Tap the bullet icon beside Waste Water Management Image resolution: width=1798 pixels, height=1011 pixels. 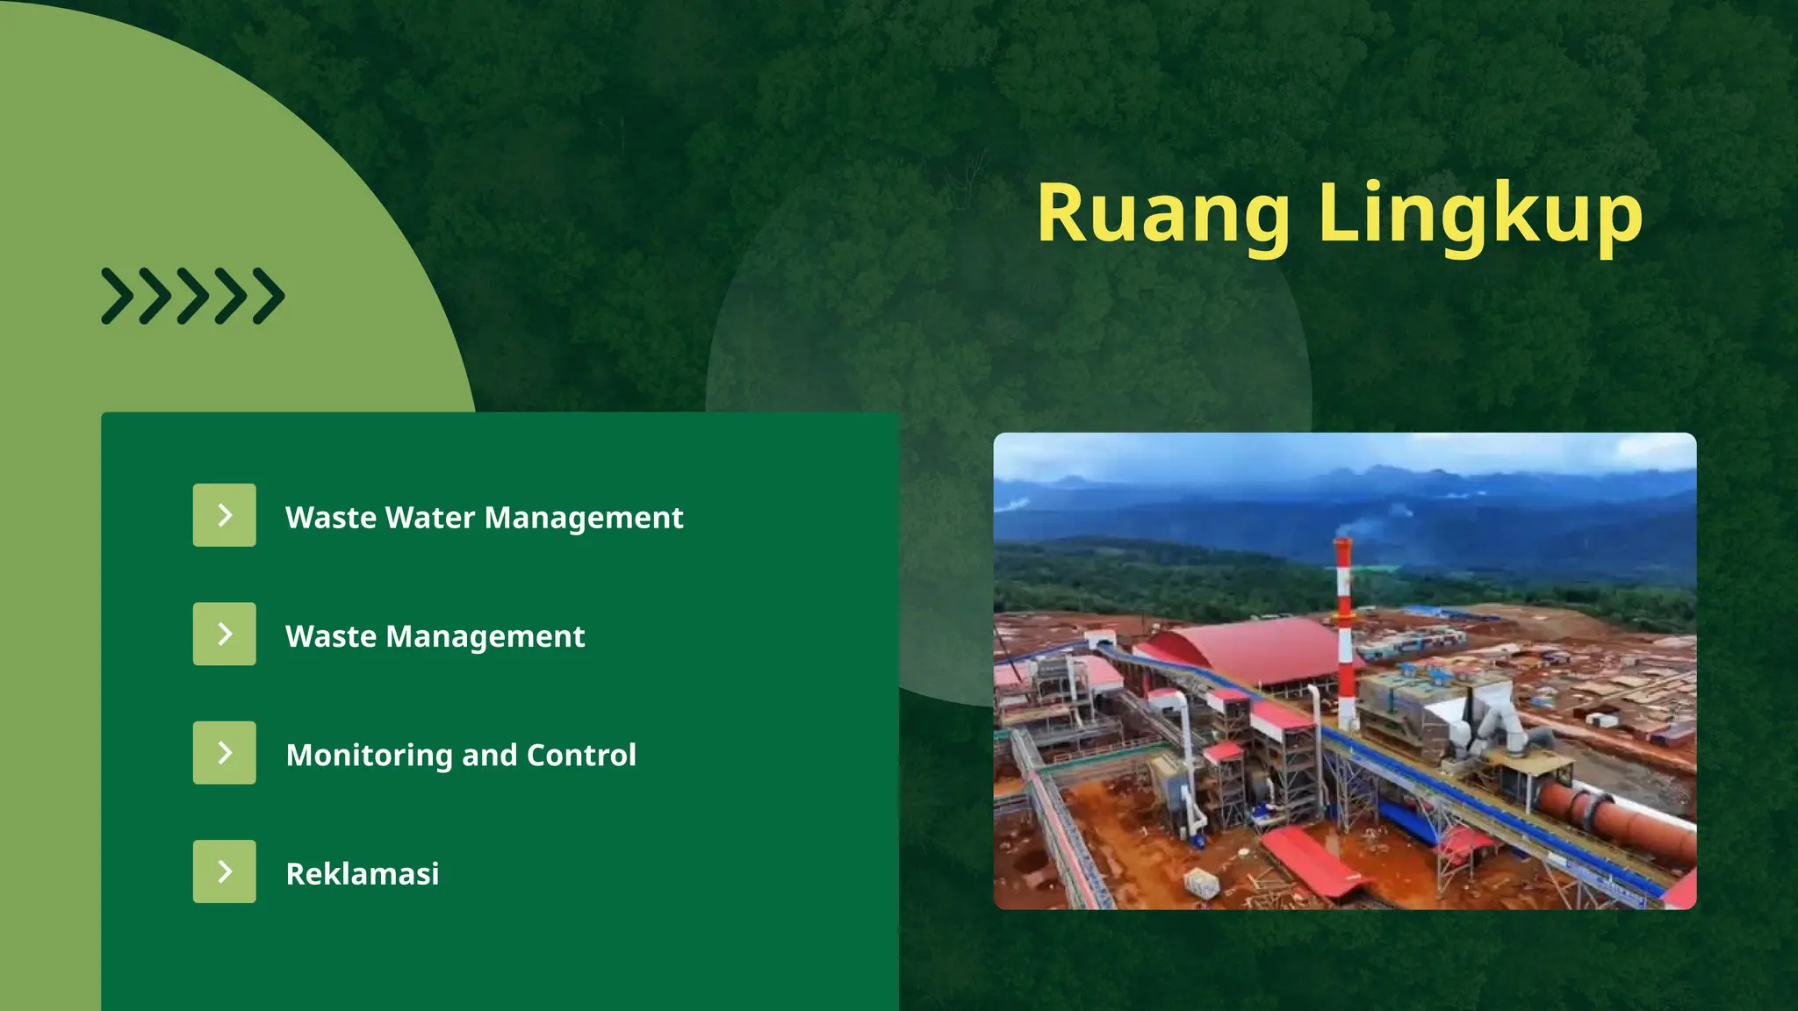tap(225, 515)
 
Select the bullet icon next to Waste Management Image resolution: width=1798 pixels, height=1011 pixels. tap(225, 634)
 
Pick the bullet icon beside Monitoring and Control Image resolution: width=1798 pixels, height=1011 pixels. tap(225, 753)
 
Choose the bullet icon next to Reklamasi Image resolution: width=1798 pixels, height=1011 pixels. tap(225, 871)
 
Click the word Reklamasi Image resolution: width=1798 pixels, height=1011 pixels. tap(363, 874)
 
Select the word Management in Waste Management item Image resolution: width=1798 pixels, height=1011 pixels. tap(485, 637)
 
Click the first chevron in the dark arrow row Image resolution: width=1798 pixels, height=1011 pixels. tap(118, 297)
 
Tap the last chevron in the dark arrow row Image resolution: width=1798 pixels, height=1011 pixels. tap(269, 297)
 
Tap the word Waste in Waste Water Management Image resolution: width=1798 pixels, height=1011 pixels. tap(331, 518)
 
